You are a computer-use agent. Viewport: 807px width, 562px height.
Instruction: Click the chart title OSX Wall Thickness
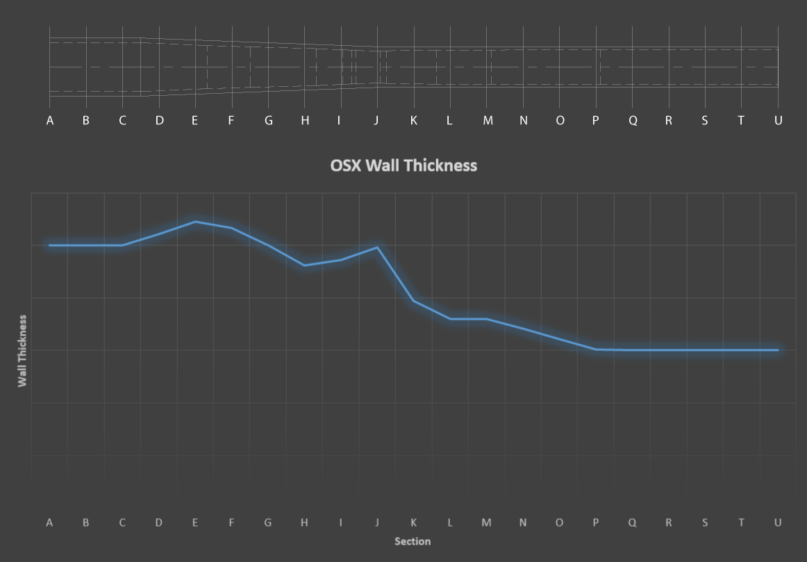point(403,165)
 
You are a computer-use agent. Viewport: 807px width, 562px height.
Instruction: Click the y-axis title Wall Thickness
point(22,350)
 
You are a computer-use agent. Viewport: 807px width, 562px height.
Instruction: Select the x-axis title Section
point(413,541)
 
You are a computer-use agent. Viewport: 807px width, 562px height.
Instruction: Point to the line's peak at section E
point(196,222)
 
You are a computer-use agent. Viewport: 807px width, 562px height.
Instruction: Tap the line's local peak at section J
point(377,247)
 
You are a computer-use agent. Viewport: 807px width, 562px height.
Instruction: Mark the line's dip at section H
point(304,265)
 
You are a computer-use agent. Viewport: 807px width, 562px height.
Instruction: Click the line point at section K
point(414,301)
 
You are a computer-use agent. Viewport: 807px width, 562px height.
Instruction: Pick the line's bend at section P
point(596,349)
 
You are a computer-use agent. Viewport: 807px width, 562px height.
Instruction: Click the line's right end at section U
point(778,350)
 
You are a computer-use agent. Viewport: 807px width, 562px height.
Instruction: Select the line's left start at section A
point(49,245)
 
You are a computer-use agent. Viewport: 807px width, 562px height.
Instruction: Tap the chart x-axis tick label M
point(486,522)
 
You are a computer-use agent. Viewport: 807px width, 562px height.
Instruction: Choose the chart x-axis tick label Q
point(632,522)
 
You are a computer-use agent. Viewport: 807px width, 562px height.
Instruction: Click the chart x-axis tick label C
point(122,522)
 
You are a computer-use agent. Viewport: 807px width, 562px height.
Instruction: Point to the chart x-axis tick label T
point(741,522)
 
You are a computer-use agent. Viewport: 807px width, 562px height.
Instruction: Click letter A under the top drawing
point(50,120)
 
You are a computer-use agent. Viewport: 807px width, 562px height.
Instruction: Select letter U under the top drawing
point(778,120)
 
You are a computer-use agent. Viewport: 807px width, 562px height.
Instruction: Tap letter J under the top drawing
point(376,120)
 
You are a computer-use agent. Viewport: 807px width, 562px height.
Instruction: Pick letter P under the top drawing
point(595,120)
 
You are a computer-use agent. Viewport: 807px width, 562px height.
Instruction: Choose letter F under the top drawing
point(231,120)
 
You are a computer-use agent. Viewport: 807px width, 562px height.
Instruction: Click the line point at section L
point(450,319)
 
